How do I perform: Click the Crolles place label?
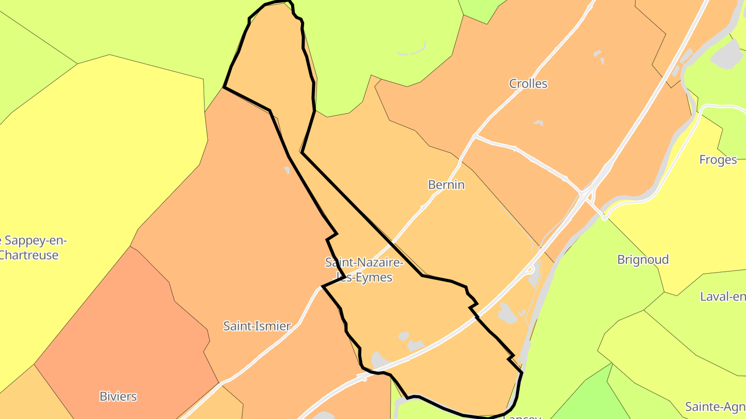click(x=528, y=84)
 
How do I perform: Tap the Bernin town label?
click(x=446, y=185)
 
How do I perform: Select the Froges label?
click(x=718, y=159)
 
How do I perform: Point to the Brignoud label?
click(x=642, y=259)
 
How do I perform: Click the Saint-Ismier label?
click(x=257, y=326)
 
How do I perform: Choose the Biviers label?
click(x=118, y=396)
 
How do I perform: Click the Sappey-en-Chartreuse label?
click(x=31, y=248)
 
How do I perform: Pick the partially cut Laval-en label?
click(x=722, y=296)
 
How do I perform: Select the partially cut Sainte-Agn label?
click(x=715, y=407)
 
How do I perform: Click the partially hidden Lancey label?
click(x=522, y=416)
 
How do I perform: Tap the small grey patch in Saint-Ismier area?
click(x=287, y=170)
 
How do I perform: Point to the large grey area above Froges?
click(x=728, y=54)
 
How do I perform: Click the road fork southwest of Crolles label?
click(x=476, y=136)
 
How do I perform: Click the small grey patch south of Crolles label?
click(x=539, y=123)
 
